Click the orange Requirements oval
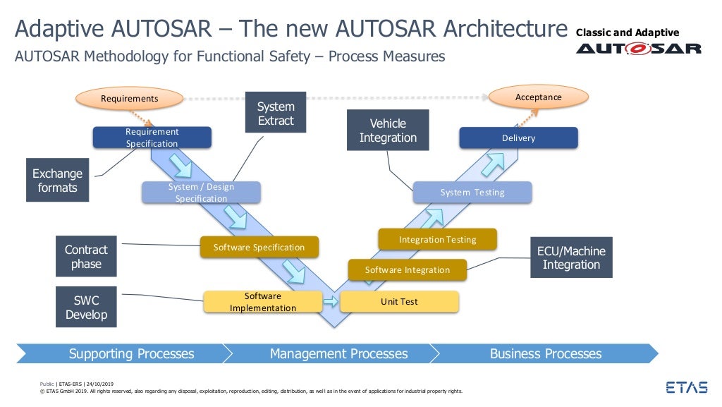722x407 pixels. click(129, 98)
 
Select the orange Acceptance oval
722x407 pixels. click(539, 97)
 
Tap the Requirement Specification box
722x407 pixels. click(152, 138)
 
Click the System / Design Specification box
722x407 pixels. click(201, 193)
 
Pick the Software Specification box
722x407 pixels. click(259, 247)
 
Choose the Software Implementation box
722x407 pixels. click(262, 302)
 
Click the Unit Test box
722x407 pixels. click(399, 302)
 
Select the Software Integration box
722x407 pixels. click(407, 269)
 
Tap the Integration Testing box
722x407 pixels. click(437, 240)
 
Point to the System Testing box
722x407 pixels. click(472, 193)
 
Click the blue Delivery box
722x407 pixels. click(518, 138)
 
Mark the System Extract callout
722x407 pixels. click(275, 113)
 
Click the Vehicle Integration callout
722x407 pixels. click(388, 130)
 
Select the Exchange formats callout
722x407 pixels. click(57, 181)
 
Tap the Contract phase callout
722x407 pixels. click(86, 257)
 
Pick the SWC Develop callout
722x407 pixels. click(86, 307)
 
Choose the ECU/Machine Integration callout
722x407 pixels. click(570, 257)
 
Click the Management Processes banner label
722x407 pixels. click(338, 353)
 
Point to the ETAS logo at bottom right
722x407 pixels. click(687, 387)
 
